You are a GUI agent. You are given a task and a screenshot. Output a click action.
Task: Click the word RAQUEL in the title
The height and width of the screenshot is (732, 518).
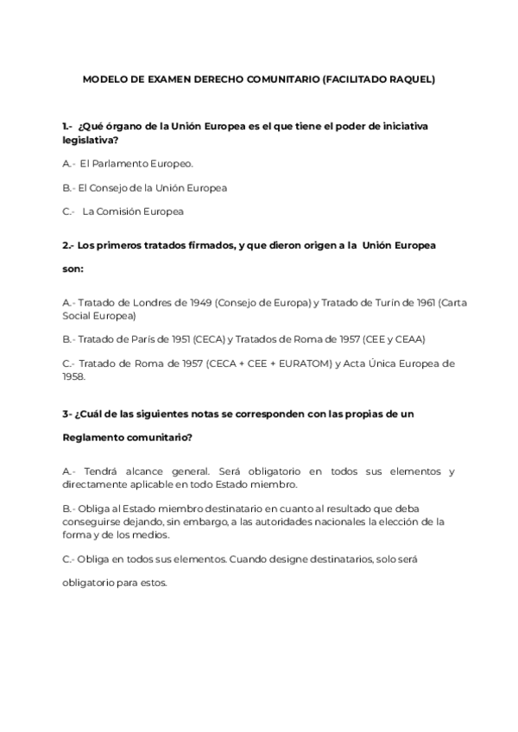point(410,79)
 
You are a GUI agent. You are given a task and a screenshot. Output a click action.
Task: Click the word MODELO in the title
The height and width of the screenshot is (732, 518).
point(104,79)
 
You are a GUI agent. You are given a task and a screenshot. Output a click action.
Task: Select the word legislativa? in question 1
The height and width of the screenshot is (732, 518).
point(90,140)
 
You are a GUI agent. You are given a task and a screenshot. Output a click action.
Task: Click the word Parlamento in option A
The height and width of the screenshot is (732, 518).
point(124,163)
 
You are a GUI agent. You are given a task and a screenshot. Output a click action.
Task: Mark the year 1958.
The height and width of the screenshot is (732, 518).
point(74,376)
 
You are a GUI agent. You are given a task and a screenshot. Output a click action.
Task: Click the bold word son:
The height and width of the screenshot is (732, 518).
point(73,268)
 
